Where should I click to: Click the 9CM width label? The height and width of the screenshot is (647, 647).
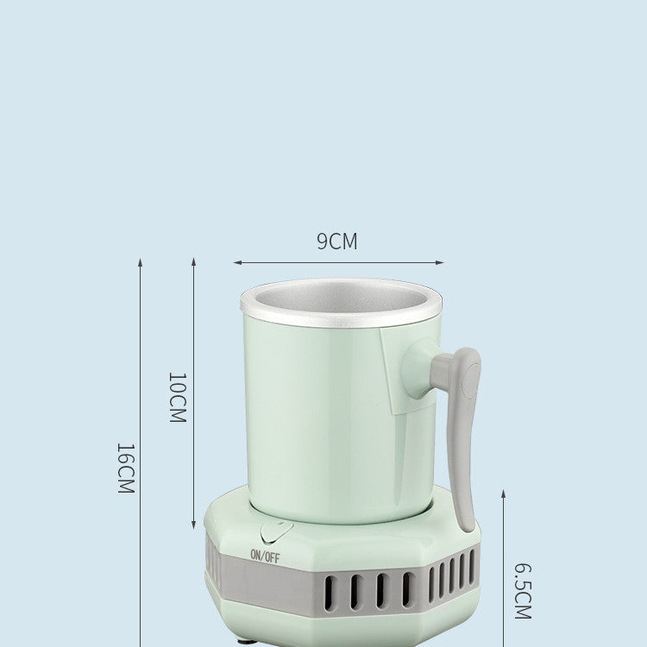[336, 242]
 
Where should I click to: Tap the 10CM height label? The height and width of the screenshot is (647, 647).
[176, 397]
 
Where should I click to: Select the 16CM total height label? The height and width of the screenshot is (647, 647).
[125, 468]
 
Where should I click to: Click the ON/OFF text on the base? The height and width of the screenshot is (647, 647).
[265, 556]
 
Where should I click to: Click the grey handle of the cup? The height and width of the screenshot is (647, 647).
[464, 431]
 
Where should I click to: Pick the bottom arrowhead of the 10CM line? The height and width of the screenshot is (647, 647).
[193, 526]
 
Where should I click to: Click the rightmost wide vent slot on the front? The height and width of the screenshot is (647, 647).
[408, 590]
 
